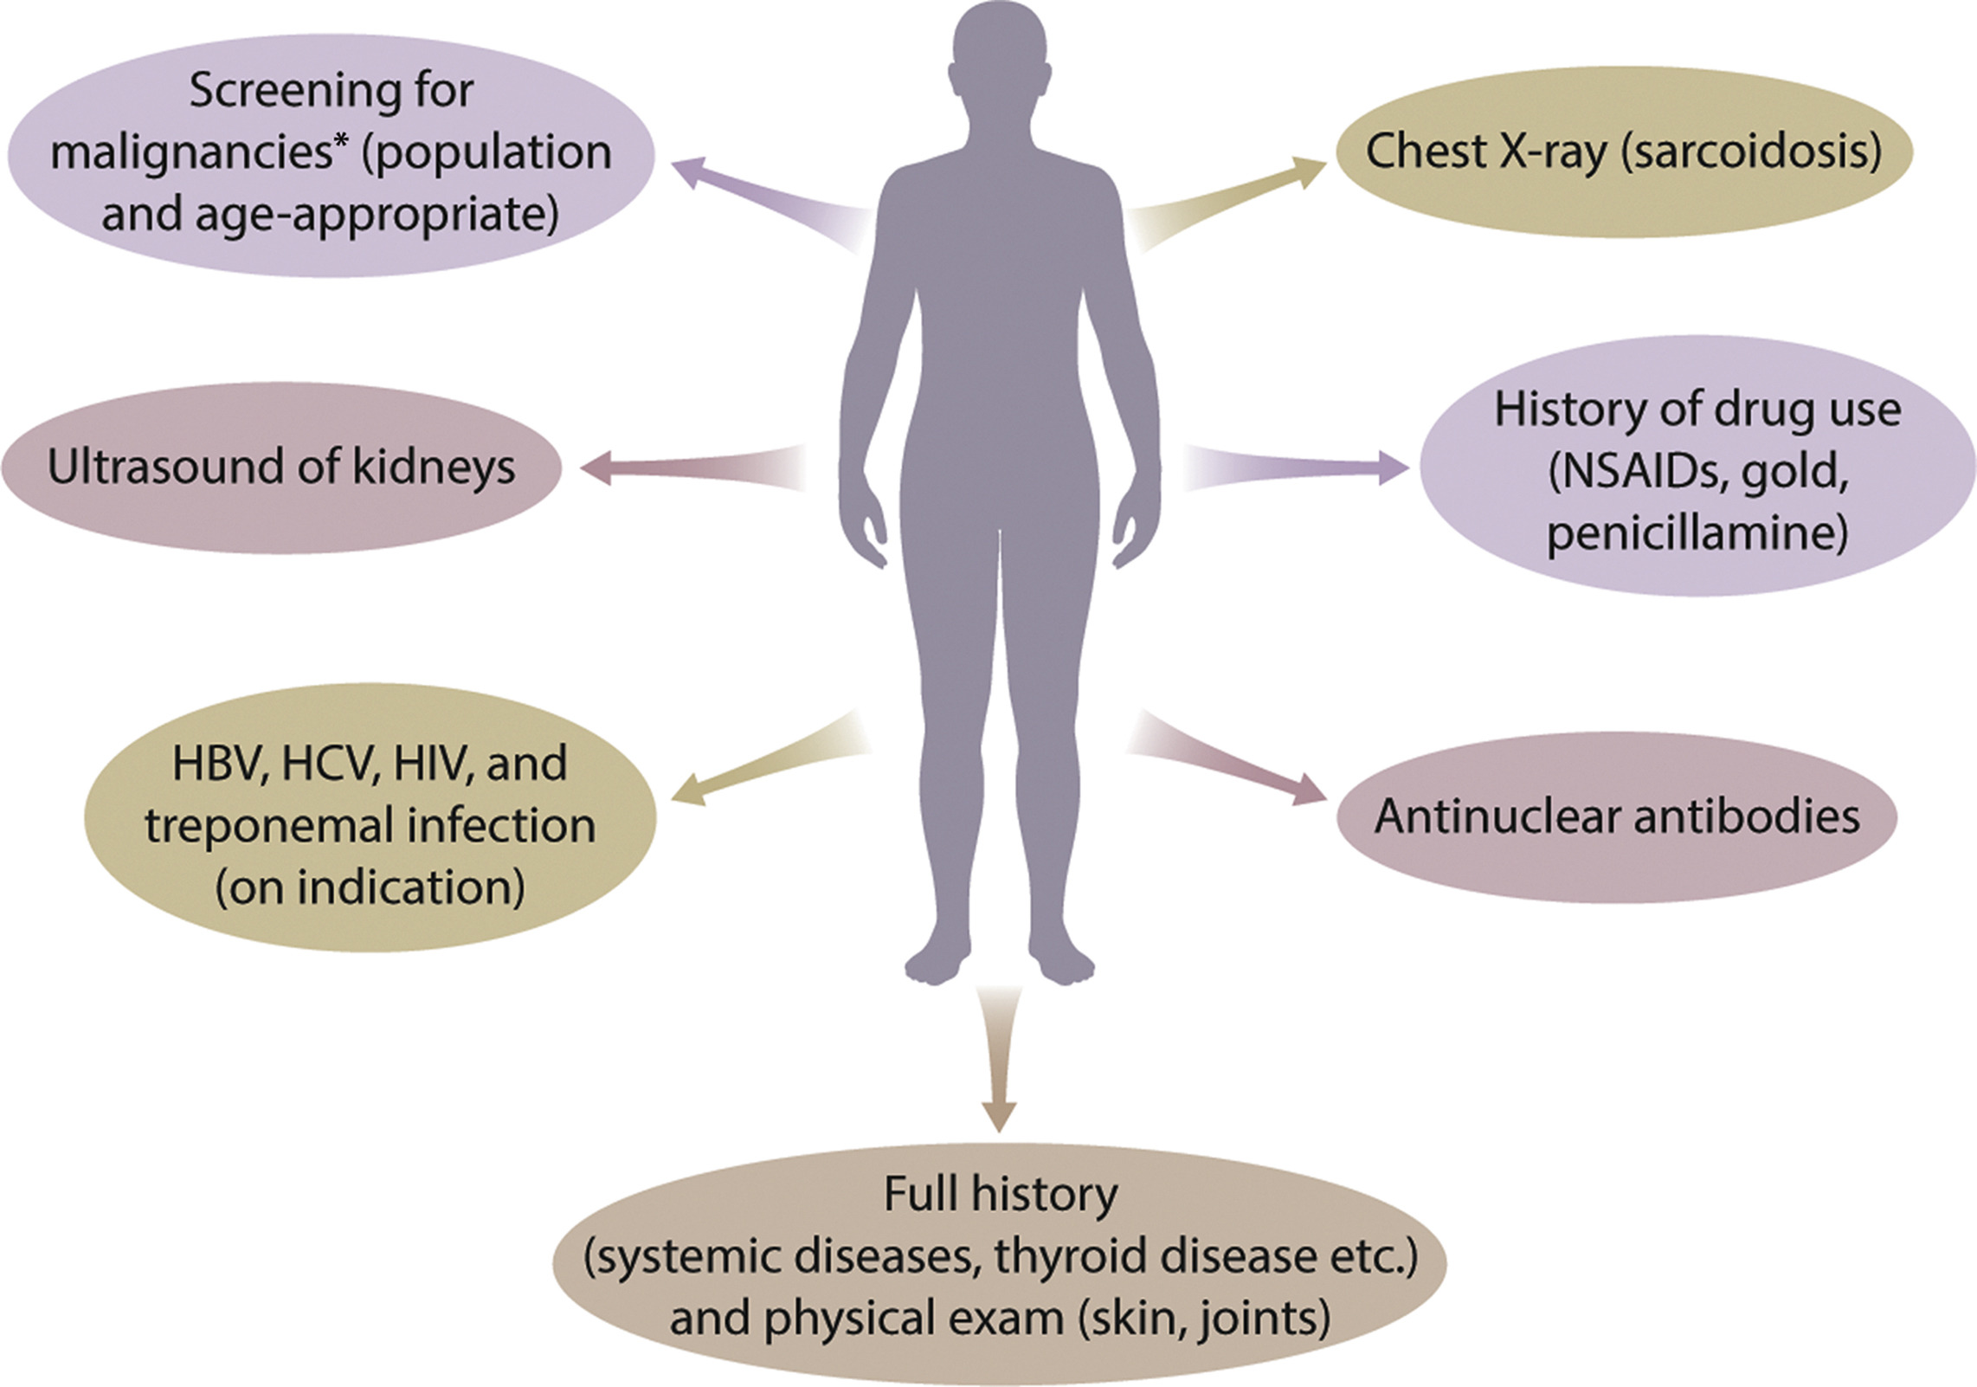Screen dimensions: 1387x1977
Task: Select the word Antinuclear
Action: (x=1490, y=816)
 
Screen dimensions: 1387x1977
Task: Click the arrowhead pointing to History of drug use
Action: (x=1394, y=468)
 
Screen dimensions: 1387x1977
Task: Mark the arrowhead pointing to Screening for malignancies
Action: (x=688, y=171)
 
